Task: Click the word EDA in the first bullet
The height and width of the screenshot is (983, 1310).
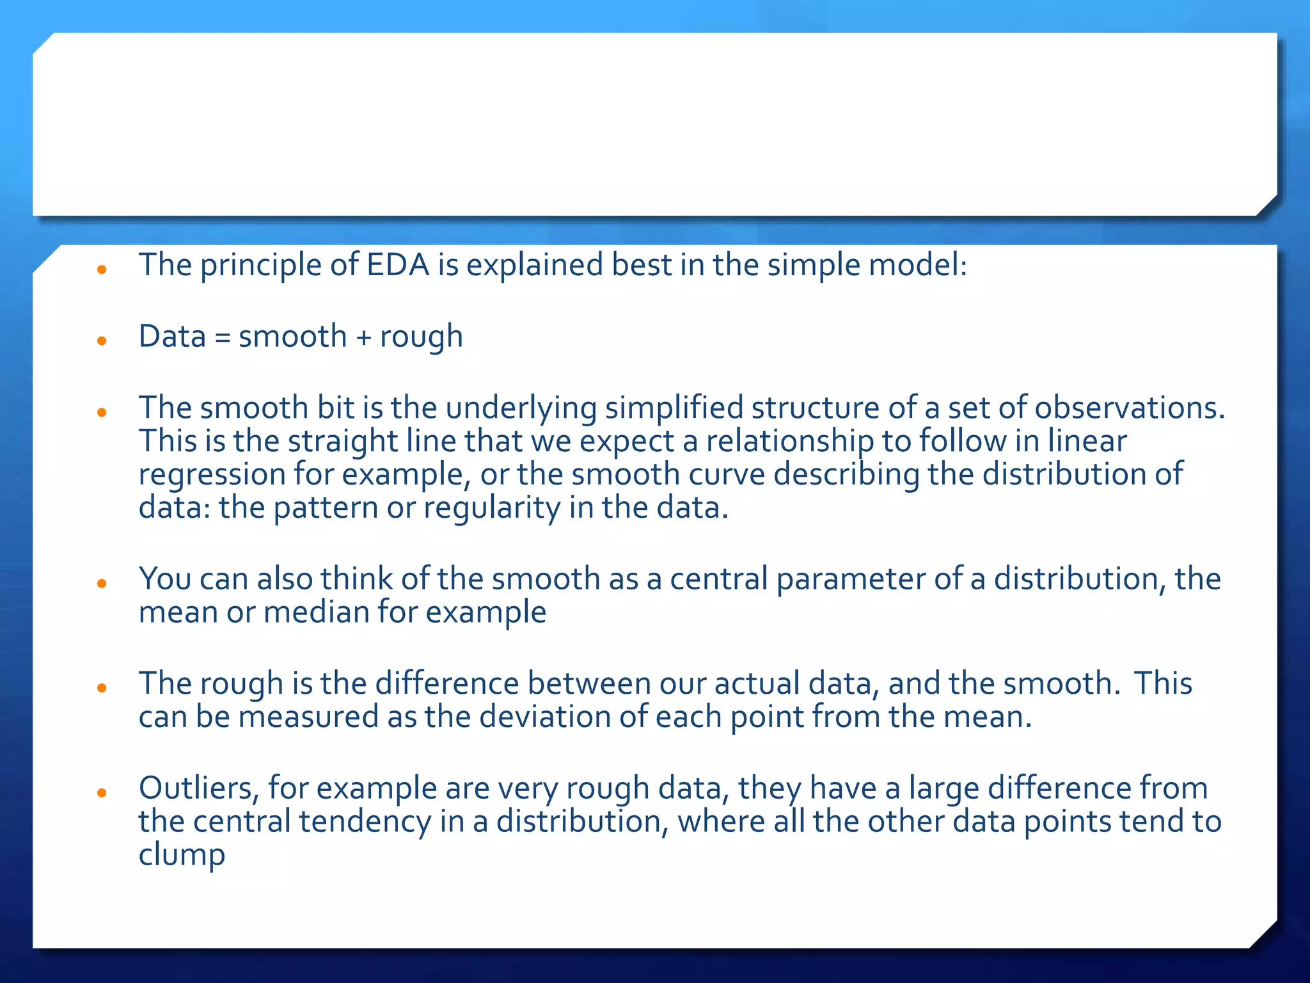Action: pyautogui.click(x=397, y=265)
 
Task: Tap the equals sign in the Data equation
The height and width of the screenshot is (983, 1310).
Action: pyautogui.click(x=222, y=337)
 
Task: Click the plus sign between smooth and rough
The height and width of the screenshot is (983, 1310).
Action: pyautogui.click(x=363, y=337)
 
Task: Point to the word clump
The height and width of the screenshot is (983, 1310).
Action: pyautogui.click(x=182, y=856)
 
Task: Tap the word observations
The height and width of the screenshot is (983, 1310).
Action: pyautogui.click(x=1130, y=408)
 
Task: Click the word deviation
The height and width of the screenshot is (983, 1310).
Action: pyautogui.click(x=545, y=717)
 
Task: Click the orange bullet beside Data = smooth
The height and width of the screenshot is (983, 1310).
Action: pyautogui.click(x=101, y=341)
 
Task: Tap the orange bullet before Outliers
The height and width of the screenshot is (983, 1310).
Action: pyautogui.click(x=101, y=793)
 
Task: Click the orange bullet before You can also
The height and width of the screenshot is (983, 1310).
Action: pyautogui.click(x=101, y=584)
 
